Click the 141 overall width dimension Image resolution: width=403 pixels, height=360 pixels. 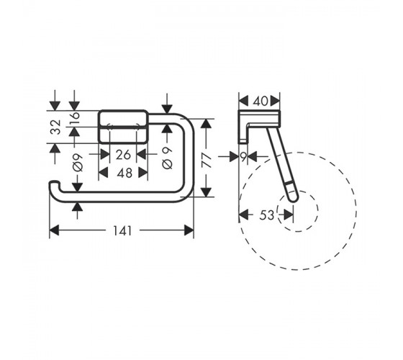click(x=122, y=230)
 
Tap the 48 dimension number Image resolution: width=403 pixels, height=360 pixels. click(x=124, y=173)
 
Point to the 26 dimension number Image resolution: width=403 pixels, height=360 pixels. click(x=123, y=155)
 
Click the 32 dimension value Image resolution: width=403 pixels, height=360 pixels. click(x=55, y=127)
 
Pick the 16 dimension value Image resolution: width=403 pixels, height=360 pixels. click(x=75, y=119)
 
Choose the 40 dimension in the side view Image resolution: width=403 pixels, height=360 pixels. click(x=260, y=101)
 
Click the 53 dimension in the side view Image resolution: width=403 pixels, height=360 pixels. click(x=267, y=215)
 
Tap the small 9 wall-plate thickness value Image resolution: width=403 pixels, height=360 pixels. click(x=243, y=157)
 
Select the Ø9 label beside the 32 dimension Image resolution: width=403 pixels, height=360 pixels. click(x=78, y=163)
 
